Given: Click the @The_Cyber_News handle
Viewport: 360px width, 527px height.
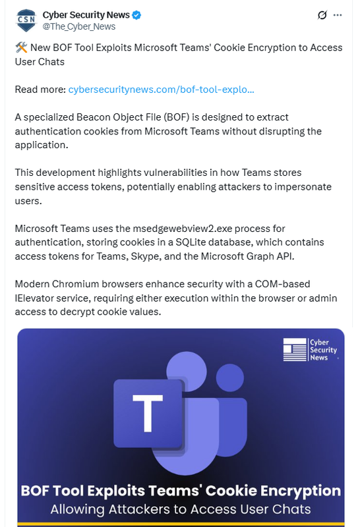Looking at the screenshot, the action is coord(78,26).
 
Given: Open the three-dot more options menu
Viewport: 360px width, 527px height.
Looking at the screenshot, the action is coord(338,15).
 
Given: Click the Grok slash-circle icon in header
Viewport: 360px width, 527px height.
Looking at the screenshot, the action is coord(322,15).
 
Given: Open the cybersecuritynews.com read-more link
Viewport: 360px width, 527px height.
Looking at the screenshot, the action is coord(161,89).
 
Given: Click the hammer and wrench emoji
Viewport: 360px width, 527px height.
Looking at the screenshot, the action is coord(20,48).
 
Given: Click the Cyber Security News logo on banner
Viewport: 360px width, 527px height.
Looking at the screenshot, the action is coord(309,350).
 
